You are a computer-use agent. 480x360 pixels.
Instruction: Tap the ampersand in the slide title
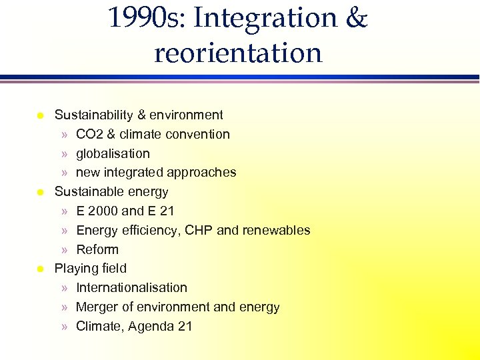click(x=357, y=19)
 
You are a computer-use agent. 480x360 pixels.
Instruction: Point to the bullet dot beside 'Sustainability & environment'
click(x=39, y=116)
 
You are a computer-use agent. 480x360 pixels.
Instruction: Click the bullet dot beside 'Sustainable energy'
click(x=39, y=193)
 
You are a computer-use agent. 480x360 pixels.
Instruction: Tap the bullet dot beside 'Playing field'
click(x=39, y=269)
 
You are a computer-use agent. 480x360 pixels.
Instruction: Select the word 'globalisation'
click(x=113, y=153)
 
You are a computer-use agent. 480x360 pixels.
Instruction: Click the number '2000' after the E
click(x=103, y=211)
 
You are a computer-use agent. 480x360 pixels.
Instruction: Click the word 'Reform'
click(x=97, y=249)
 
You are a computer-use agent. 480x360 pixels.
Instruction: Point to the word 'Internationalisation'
click(x=131, y=287)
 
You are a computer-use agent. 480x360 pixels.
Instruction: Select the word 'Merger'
click(x=97, y=307)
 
